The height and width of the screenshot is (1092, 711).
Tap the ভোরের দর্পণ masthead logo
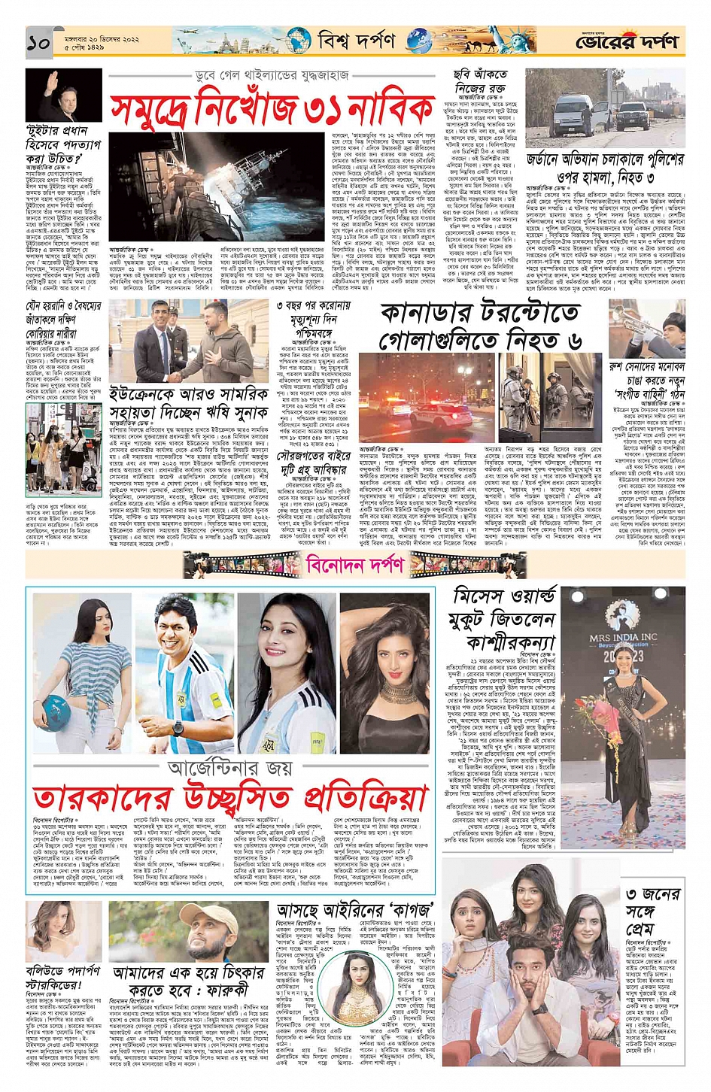tap(626, 43)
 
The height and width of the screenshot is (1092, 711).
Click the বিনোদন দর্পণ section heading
tap(354, 563)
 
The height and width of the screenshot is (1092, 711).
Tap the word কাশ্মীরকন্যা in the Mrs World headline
tap(511, 643)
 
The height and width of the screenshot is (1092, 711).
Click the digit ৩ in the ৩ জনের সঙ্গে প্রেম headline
tap(632, 894)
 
